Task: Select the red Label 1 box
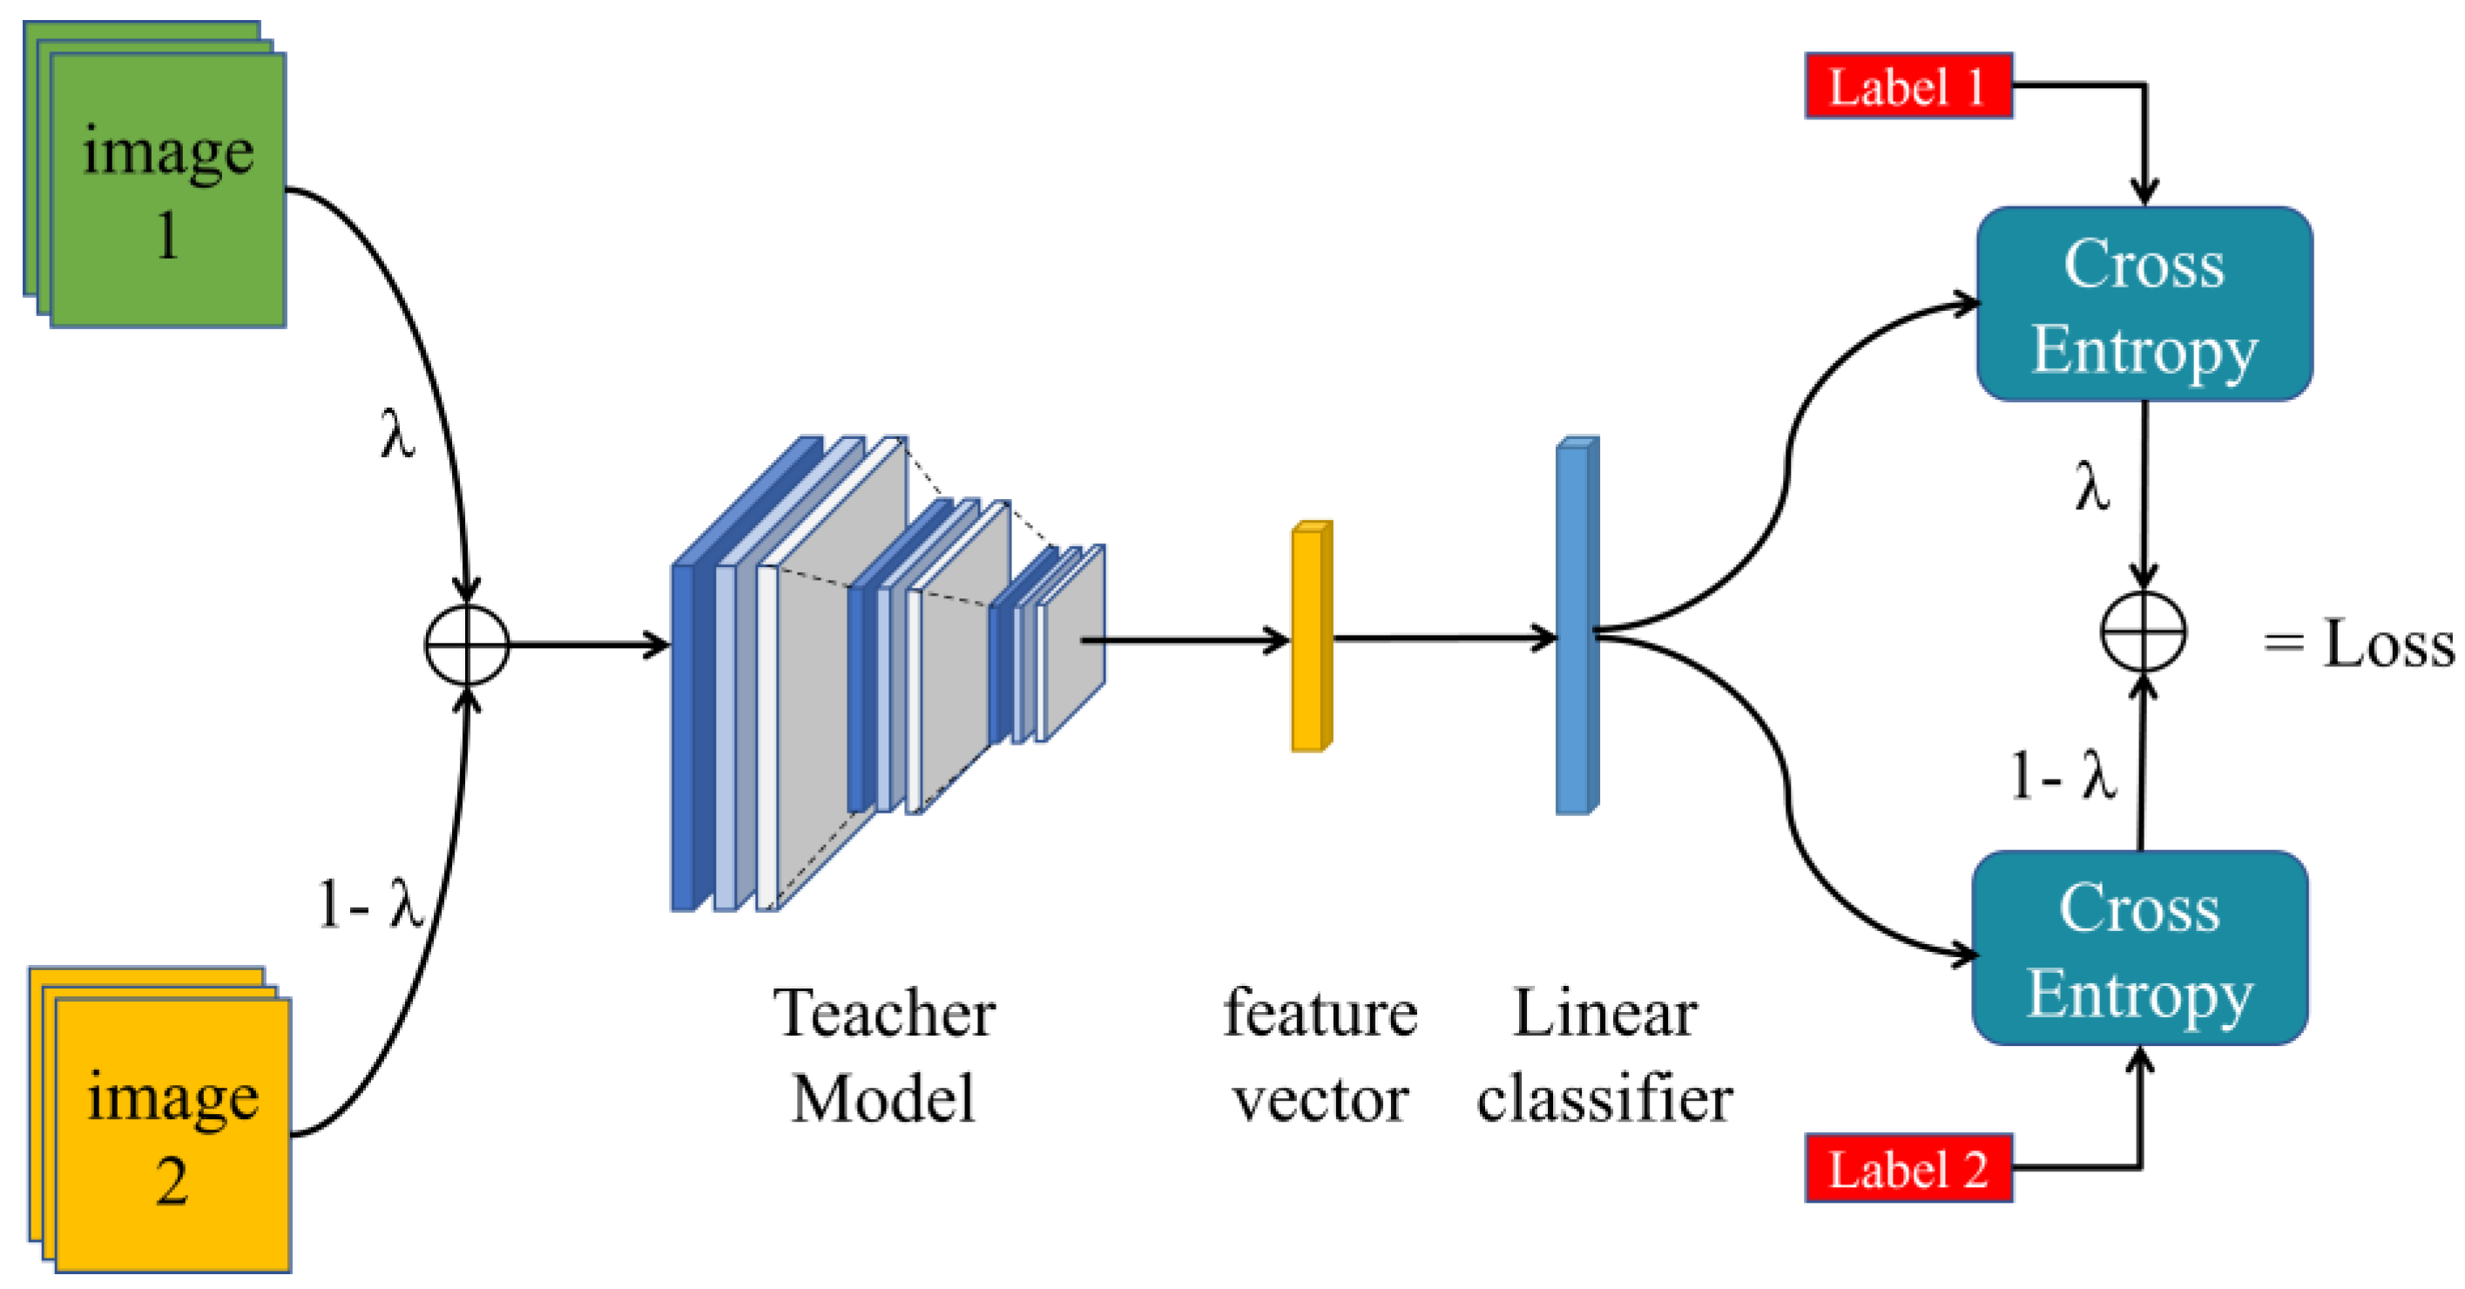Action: [1908, 86]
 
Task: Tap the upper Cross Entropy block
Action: [2144, 303]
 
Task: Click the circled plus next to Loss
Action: [2144, 632]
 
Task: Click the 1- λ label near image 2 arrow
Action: [370, 903]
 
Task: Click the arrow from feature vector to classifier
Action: [1445, 638]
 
